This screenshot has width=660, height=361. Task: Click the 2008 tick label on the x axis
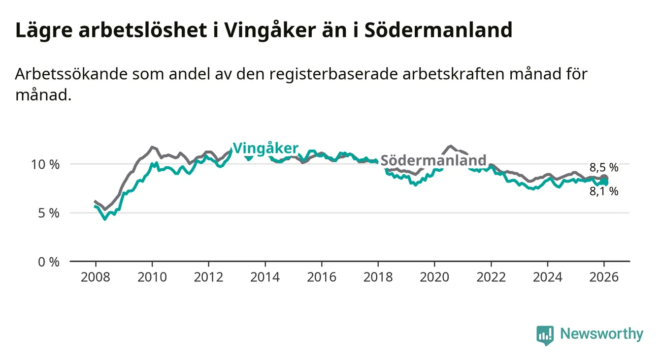96,277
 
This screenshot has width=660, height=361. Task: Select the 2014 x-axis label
265,277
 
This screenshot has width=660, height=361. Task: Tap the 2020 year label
434,277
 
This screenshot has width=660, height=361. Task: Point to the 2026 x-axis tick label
604,277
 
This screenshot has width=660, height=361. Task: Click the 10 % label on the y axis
45,164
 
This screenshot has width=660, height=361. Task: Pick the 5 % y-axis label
48,213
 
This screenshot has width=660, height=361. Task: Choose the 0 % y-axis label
48,262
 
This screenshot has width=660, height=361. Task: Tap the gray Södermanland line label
433,160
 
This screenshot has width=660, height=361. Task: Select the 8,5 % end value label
604,167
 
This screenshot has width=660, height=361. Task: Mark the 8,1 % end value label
604,192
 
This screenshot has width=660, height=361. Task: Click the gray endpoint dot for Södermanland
604,178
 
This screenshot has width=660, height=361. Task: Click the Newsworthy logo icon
545,335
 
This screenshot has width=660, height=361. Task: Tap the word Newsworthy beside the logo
601,334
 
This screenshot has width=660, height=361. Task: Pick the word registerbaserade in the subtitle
329,74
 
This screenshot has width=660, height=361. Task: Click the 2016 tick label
321,277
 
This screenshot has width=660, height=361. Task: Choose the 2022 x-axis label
491,277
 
